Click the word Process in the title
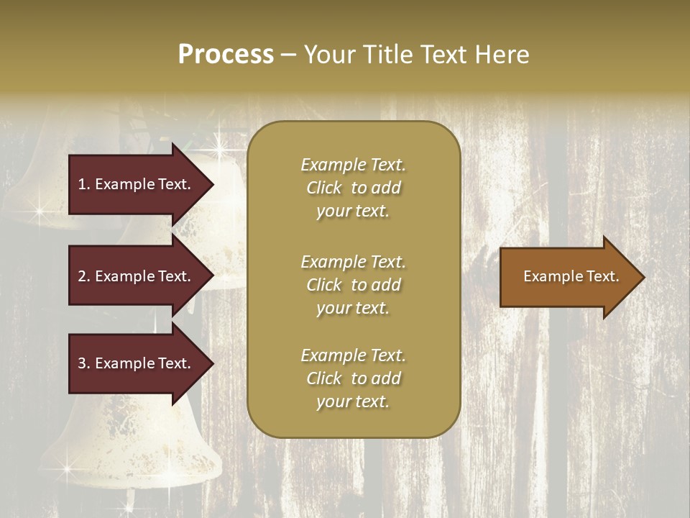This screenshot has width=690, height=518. click(x=226, y=55)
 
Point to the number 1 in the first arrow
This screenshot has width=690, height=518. click(x=82, y=184)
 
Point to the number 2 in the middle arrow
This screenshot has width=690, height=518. click(x=82, y=276)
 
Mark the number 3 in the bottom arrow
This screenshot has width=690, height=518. click(x=82, y=363)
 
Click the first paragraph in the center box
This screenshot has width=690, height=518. click(x=353, y=188)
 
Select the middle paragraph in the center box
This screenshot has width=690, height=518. click(x=353, y=285)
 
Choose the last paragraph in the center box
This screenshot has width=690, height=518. click(x=353, y=378)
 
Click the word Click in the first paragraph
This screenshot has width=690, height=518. click(x=323, y=188)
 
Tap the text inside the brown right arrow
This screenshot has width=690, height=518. click(x=571, y=276)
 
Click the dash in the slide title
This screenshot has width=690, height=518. click(x=288, y=55)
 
